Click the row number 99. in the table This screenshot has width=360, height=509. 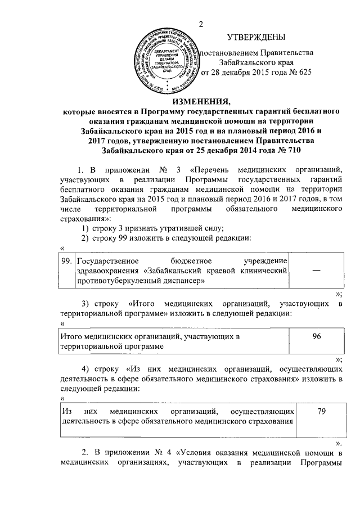66,260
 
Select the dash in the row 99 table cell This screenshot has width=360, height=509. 317,271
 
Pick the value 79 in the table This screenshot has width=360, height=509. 321,412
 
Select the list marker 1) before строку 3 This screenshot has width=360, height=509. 84,227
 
